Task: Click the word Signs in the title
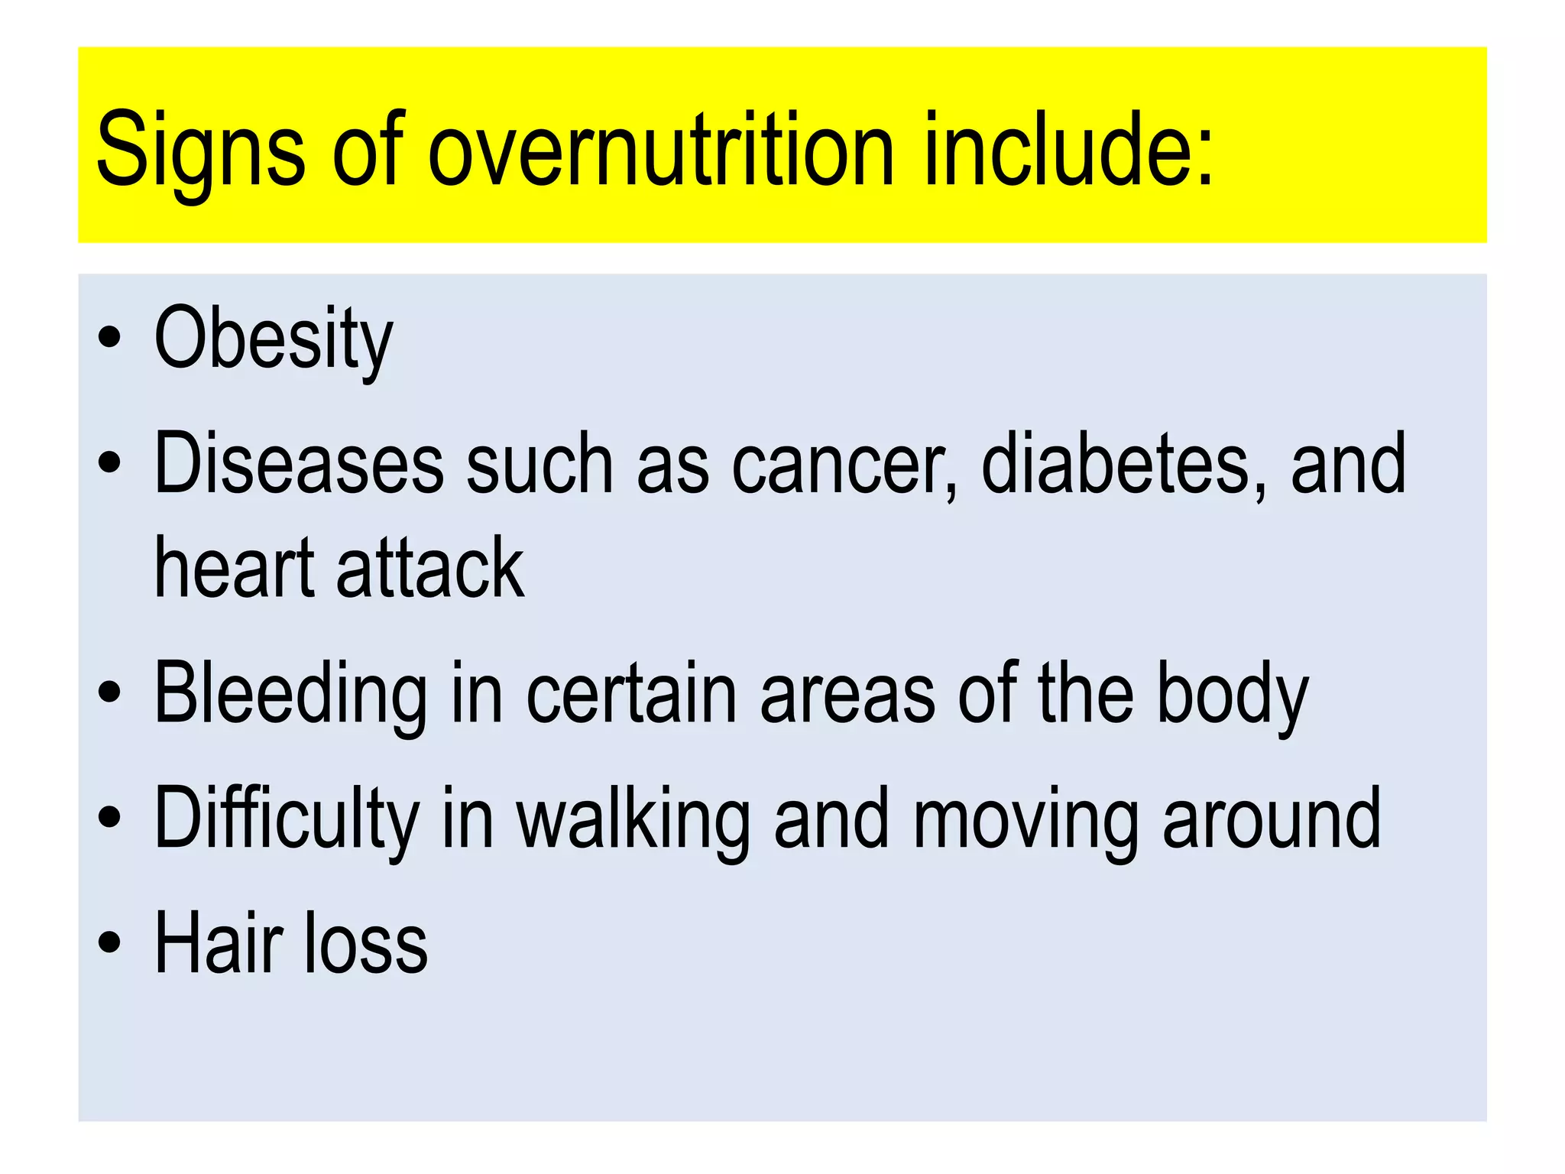tap(200, 149)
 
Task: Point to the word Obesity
tap(273, 338)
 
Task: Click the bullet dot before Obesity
tap(109, 337)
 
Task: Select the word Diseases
tap(299, 463)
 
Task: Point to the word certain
tap(631, 694)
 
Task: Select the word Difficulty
tap(287, 819)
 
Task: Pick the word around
tap(1272, 819)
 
